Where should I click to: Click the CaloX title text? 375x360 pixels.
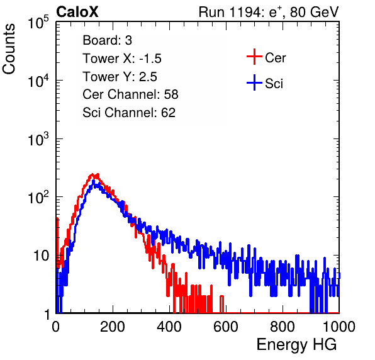tap(77, 12)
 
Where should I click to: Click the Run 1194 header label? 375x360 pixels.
tap(269, 12)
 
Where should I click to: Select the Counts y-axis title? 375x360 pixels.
tap(9, 49)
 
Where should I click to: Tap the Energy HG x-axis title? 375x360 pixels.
tap(296, 345)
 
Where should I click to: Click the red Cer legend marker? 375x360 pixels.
tap(254, 57)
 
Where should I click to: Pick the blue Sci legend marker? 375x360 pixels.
tap(254, 83)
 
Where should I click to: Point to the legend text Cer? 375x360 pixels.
tap(276, 58)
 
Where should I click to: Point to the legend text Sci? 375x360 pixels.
tap(274, 84)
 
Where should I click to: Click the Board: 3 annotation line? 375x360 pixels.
tap(108, 40)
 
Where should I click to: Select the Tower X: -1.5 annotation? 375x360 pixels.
tap(122, 59)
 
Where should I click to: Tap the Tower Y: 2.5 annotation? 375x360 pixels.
tap(120, 77)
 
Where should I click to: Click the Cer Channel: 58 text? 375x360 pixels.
tap(130, 94)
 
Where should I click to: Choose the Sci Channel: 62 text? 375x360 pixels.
tap(129, 113)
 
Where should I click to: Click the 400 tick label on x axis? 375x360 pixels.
tap(169, 327)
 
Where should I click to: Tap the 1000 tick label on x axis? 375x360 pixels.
tap(339, 327)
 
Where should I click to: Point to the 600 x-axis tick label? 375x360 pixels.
tap(226, 327)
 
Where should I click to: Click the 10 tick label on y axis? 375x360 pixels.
tap(42, 256)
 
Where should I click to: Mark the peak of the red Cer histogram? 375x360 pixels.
tap(92, 174)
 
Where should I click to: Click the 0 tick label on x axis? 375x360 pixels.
tap(56, 327)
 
